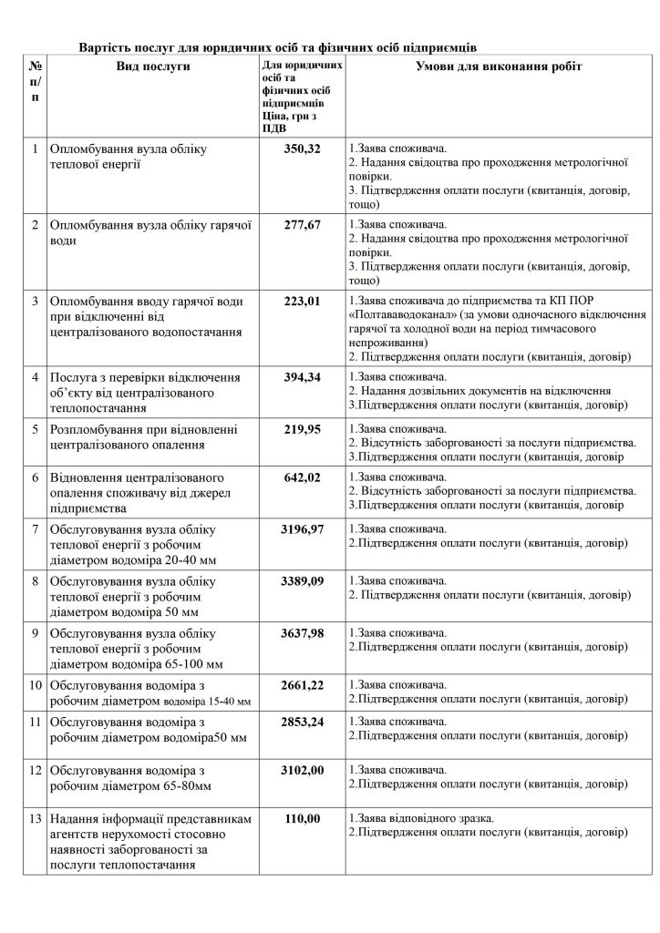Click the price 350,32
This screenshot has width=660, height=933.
[303, 149]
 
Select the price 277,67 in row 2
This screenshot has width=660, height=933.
[303, 224]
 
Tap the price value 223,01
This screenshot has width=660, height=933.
[303, 300]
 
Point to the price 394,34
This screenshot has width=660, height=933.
[303, 376]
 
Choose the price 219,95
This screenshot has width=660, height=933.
[303, 428]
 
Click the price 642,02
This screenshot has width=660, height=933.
[303, 477]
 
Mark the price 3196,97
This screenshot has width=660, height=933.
[303, 528]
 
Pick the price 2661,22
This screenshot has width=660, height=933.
[303, 683]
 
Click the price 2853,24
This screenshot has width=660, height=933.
[303, 721]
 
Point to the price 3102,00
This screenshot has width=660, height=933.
[303, 770]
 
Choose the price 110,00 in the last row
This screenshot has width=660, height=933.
[303, 819]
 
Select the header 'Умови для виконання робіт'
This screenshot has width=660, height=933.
[499, 67]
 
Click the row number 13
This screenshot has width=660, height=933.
[35, 819]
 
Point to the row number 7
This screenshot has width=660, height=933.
[35, 528]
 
